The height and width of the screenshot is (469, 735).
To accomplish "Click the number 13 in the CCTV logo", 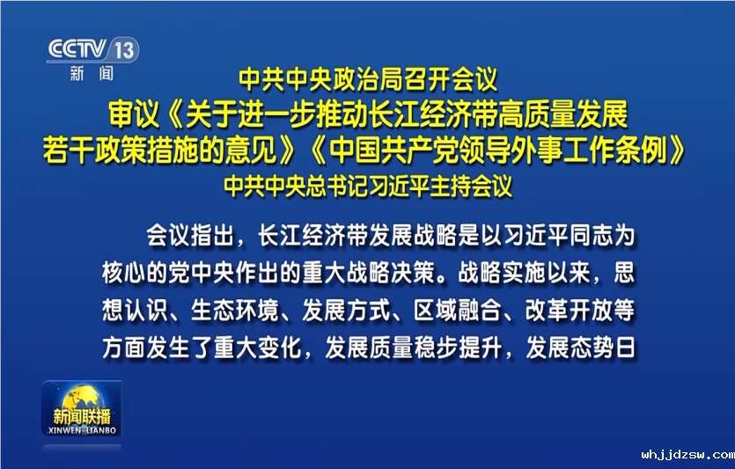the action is coord(124,49).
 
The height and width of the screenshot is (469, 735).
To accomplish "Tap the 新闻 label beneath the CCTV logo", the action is coord(92,73).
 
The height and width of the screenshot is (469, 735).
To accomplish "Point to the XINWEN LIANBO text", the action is coord(82,430).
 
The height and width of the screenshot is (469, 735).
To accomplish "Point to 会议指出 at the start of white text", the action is coord(190,235).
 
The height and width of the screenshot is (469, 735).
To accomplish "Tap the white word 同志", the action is coord(592,235).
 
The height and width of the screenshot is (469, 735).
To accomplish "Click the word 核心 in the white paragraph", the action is coord(124,272).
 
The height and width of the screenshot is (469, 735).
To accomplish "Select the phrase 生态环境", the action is coord(234,310).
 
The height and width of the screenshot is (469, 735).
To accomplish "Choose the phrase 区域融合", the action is coord(457,310).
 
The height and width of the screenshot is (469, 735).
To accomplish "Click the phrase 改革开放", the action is coord(569,310).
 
